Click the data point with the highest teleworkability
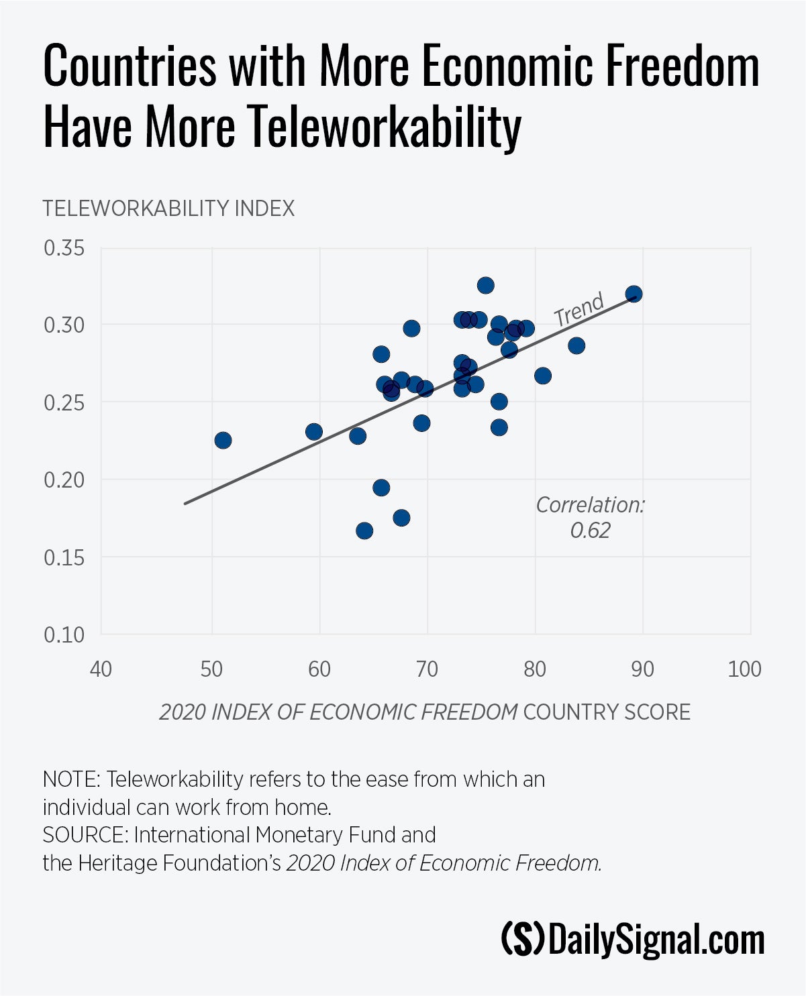[485, 286]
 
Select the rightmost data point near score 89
[634, 294]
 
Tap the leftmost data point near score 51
[223, 440]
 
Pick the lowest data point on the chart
[364, 531]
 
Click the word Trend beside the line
[578, 309]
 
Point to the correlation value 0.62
[590, 531]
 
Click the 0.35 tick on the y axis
[64, 248]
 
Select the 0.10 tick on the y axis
[64, 634]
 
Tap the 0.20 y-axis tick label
[64, 480]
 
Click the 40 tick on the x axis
[101, 669]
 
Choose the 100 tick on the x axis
[744, 669]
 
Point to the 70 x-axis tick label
[427, 669]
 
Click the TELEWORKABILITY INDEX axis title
[168, 209]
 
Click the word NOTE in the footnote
[70, 779]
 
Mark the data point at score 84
[576, 346]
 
